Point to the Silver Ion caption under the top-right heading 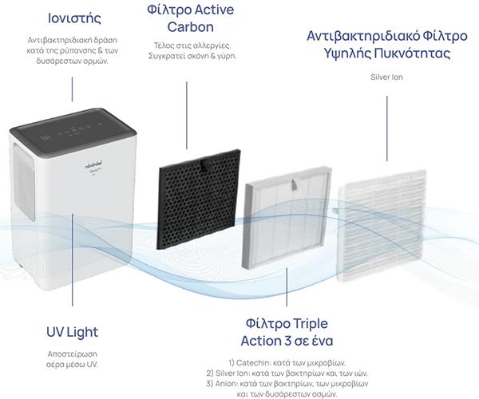[386, 77]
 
